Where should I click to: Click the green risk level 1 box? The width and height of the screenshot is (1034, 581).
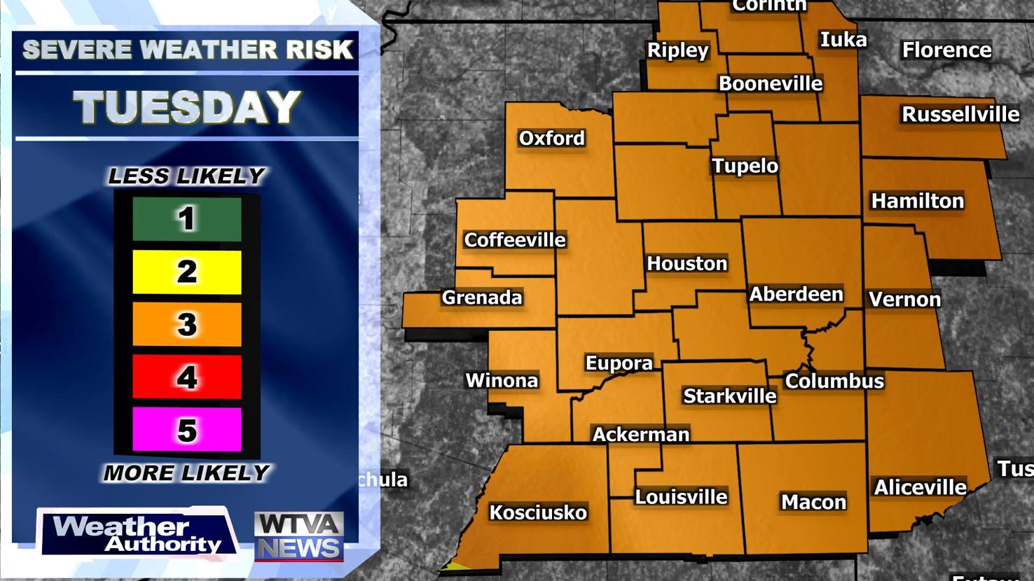click(187, 219)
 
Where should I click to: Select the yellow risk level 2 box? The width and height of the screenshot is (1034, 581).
click(187, 272)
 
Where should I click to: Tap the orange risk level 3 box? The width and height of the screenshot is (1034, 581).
click(187, 324)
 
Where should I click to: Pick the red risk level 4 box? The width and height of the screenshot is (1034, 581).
click(187, 377)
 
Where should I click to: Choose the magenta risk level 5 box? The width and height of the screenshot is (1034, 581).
click(187, 430)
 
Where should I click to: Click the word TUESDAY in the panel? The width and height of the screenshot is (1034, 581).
click(187, 107)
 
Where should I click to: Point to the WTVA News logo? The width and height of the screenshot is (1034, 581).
click(298, 536)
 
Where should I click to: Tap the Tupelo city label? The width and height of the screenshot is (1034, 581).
click(745, 166)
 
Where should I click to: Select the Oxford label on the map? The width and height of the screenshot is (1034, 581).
click(551, 138)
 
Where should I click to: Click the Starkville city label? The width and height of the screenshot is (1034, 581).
click(729, 396)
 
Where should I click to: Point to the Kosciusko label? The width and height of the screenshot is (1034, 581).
click(537, 512)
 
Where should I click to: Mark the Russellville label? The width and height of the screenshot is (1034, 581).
click(960, 114)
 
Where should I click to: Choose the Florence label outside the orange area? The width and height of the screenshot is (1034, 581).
click(946, 50)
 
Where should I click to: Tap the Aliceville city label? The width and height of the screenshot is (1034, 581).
click(920, 487)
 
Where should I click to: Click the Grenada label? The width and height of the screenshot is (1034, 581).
click(482, 297)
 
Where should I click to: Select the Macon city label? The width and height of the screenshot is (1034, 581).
click(813, 502)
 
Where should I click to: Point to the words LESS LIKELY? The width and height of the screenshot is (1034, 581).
click(186, 176)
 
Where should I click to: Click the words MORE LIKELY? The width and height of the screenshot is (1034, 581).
click(186, 473)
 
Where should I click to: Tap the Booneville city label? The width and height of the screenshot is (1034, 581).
click(771, 83)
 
